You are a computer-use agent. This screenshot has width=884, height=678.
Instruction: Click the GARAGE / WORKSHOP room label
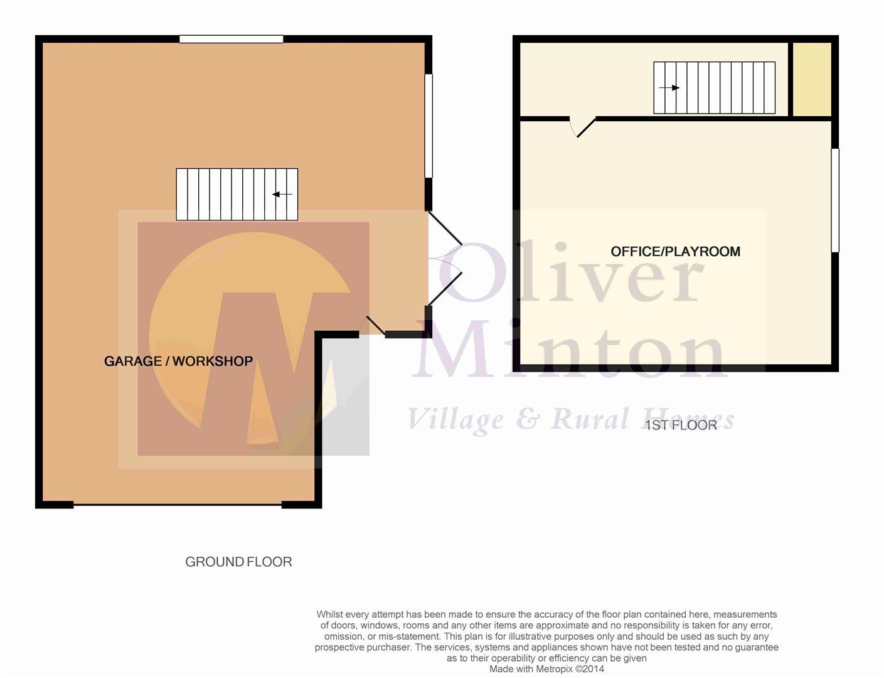pos(178,361)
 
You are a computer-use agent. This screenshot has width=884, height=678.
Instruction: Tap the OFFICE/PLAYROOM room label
pos(675,252)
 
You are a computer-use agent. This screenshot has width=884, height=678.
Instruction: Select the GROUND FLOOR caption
pos(238,562)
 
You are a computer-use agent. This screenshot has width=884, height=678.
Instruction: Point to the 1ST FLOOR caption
pos(681,425)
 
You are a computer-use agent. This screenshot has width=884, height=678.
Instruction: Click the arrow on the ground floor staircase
pos(282,195)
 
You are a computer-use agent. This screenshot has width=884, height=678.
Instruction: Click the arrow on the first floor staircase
pos(669,88)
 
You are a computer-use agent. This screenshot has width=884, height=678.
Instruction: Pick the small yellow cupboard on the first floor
pos(812,79)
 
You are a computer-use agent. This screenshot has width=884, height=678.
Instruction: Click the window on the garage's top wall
pos(231,39)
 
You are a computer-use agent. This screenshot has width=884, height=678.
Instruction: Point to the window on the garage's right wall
pos(429,126)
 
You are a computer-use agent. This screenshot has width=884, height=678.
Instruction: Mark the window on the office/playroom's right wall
pos(835,200)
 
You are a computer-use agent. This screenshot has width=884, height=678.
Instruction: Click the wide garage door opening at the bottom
pos(178,504)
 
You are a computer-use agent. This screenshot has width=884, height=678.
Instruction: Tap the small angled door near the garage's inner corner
pos(375,325)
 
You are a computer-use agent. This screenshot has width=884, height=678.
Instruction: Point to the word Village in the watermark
pos(455,419)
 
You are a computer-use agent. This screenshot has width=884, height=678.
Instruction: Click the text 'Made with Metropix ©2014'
pos(546,669)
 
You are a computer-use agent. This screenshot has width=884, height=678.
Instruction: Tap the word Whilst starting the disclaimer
pos(329,615)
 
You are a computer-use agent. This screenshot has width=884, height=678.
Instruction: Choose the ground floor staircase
pos(237,195)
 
